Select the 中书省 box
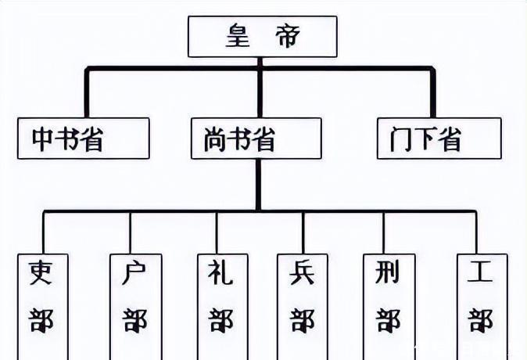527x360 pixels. click(82, 138)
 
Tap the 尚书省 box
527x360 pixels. click(256, 138)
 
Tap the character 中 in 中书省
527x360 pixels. click(44, 139)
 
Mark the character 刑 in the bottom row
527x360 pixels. click(388, 273)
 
